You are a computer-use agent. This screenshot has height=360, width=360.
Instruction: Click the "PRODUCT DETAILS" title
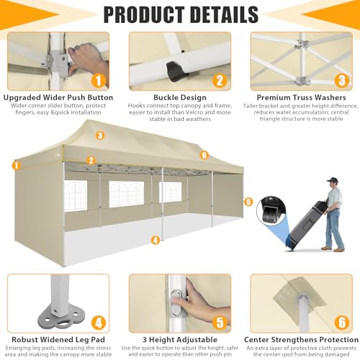pyautogui.click(x=181, y=14)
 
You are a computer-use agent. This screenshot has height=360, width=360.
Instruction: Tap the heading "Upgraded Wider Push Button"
pyautogui.click(x=58, y=97)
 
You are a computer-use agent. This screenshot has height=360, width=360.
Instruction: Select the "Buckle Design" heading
pyautogui.click(x=180, y=97)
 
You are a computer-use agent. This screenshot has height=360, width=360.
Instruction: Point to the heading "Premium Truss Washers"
pyautogui.click(x=301, y=97)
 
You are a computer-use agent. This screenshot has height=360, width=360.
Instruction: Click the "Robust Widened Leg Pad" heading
pyautogui.click(x=58, y=340)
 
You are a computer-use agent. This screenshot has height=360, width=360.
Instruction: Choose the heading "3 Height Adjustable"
pyautogui.click(x=180, y=340)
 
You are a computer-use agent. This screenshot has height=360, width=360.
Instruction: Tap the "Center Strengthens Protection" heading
pyautogui.click(x=301, y=340)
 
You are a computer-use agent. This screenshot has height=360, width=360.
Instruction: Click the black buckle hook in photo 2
pyautogui.click(x=176, y=72)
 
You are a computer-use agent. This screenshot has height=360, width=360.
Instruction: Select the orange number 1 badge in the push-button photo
pyautogui.click(x=99, y=81)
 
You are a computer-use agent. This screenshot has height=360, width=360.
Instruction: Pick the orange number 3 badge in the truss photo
pyautogui.click(x=342, y=81)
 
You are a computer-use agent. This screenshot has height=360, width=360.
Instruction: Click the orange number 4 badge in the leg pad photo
pyautogui.click(x=99, y=323)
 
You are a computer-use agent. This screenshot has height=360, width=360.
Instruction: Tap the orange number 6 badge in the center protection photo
pyautogui.click(x=342, y=323)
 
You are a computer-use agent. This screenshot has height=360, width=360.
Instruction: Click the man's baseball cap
pyautogui.click(x=333, y=179)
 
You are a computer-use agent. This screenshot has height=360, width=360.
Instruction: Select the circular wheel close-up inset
pyautogui.click(x=271, y=211)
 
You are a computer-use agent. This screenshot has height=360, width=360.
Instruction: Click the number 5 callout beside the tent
pyautogui.click(x=248, y=202)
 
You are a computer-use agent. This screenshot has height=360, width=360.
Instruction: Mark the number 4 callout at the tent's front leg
pyautogui.click(x=156, y=240)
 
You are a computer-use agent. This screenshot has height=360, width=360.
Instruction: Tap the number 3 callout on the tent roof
pyautogui.click(x=100, y=135)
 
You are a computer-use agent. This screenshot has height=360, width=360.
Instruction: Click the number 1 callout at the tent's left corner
pyautogui.click(x=17, y=166)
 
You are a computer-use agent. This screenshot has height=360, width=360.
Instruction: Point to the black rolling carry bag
pyautogui.click(x=305, y=225)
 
